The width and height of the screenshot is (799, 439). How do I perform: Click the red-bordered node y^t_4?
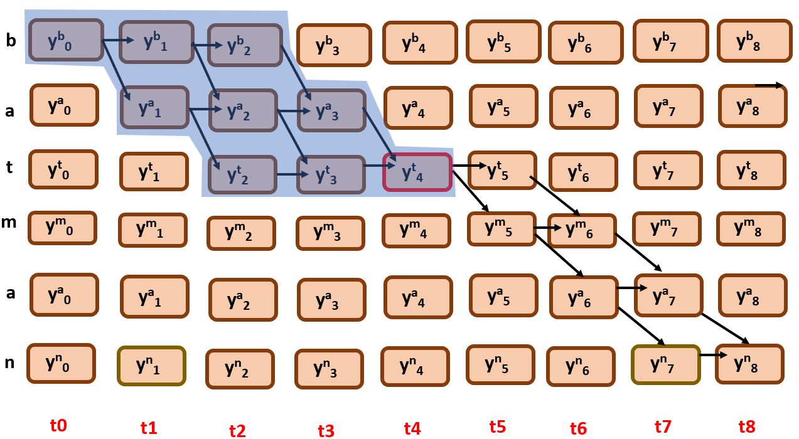click(417, 172)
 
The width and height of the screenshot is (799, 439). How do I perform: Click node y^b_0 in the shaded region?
click(65, 41)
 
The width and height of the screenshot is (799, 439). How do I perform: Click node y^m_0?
click(62, 228)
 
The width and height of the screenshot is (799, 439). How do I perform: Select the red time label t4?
click(412, 428)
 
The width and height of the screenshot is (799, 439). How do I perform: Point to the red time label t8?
click(747, 427)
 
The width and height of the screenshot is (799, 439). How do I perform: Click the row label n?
click(9, 362)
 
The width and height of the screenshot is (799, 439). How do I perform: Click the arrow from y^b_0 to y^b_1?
click(118, 41)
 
